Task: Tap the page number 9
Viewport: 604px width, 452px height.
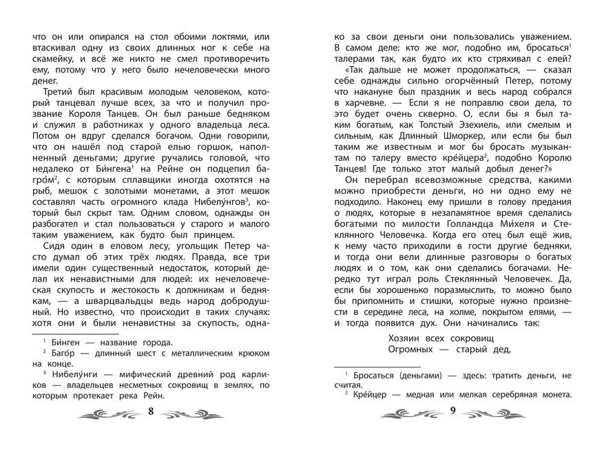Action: click(x=452, y=412)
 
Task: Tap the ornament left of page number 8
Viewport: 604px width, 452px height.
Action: click(x=111, y=413)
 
